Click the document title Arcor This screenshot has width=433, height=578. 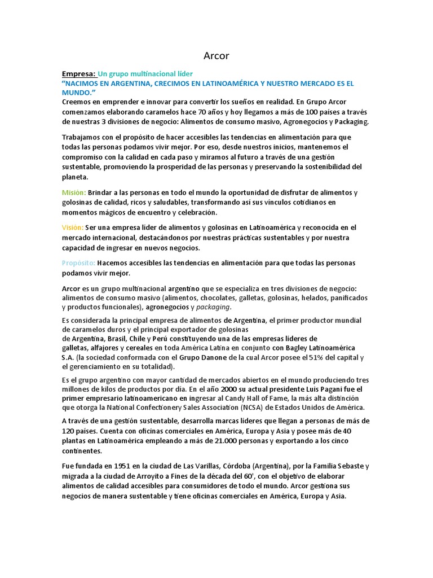coord(216,56)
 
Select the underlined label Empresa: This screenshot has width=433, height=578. coord(79,74)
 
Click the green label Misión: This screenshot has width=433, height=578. coord(74,192)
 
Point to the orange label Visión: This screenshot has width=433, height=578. coord(73,227)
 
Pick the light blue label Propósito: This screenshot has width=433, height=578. coord(78,263)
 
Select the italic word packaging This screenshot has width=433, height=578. coord(213,307)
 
